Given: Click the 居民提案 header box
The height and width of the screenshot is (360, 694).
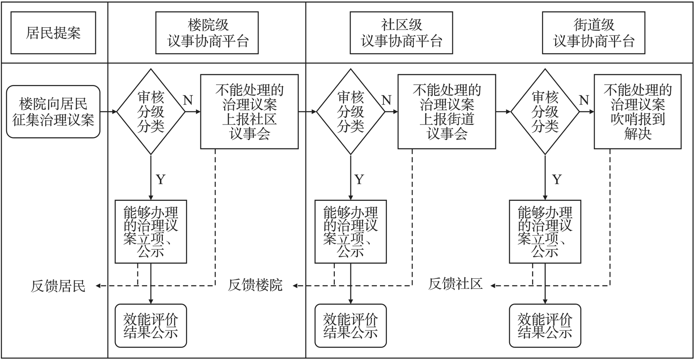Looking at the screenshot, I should [x=53, y=33].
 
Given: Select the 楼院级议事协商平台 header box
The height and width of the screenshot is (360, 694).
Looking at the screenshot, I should [x=207, y=33].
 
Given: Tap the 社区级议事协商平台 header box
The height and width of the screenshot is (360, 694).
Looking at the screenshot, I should [x=401, y=33].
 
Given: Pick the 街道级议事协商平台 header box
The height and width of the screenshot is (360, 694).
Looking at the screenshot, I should [x=594, y=33].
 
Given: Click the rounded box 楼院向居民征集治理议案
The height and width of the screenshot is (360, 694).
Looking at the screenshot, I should [x=53, y=111].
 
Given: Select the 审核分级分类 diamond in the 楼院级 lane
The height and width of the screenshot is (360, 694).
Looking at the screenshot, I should [x=151, y=111].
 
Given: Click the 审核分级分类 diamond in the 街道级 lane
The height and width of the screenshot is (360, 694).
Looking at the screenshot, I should [x=545, y=111].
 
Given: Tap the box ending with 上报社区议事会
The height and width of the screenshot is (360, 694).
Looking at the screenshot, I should [x=249, y=111].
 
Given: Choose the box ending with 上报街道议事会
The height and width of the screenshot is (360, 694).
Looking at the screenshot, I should [x=447, y=111].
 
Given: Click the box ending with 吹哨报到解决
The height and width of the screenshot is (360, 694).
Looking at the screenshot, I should [x=638, y=111].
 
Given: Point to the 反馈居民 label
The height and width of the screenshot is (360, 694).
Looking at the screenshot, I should [x=58, y=286].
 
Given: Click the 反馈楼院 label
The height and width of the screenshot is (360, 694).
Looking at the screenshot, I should [x=255, y=285].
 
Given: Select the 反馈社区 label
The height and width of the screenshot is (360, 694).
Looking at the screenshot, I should [x=455, y=284].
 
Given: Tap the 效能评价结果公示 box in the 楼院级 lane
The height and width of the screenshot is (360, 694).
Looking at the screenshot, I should [x=151, y=326].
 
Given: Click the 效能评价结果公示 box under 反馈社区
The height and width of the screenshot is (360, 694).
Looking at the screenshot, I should [x=545, y=326].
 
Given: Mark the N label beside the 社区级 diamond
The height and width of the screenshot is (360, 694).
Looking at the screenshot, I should [x=386, y=101].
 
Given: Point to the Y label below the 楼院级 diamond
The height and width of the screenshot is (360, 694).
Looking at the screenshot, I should [x=160, y=179].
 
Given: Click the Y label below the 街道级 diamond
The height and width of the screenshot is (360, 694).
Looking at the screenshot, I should [x=557, y=179].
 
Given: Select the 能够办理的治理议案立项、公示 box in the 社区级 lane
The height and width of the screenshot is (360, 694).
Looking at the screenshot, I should [x=350, y=232].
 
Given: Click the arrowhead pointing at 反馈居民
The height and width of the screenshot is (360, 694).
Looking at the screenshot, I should [x=98, y=286].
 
